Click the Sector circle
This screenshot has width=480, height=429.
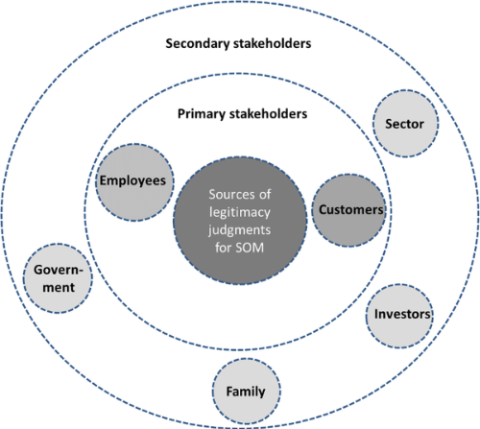405,124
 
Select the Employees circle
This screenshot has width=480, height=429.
134,182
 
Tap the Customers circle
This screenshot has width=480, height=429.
348,210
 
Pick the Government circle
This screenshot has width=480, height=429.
58,278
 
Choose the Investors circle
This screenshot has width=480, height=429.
399,316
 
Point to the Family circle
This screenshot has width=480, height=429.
247,392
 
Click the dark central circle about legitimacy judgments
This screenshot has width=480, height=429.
240,221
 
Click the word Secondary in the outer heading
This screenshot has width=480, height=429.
198,44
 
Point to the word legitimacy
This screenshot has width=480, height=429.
240,213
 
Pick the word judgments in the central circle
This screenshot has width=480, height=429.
239,230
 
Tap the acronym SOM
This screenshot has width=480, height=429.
250,248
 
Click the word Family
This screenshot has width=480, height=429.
246,392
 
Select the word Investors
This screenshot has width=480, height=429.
402,314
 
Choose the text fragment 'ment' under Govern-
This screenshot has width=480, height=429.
59,288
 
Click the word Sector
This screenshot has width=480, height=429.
404,124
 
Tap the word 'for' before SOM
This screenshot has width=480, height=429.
223,248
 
